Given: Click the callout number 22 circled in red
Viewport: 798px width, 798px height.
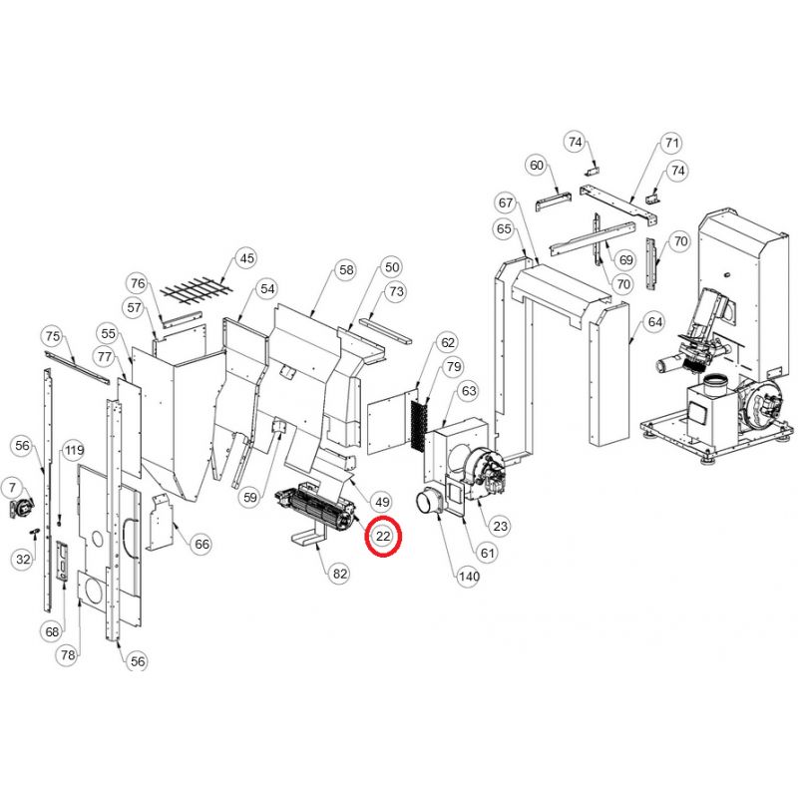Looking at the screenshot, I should (x=383, y=538).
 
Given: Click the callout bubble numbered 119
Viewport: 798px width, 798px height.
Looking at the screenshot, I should (x=74, y=451).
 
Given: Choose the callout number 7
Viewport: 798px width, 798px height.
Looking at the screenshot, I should (x=13, y=487).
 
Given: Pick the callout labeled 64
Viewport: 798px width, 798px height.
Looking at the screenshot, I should (x=653, y=322).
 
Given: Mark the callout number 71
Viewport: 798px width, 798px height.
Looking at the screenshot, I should (x=671, y=143).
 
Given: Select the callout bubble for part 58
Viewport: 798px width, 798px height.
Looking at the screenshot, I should (x=345, y=270).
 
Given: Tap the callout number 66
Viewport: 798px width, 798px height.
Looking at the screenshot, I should (x=201, y=544).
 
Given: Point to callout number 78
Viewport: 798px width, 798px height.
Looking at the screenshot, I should (x=68, y=655).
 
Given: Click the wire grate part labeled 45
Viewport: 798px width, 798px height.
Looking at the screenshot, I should (x=194, y=291).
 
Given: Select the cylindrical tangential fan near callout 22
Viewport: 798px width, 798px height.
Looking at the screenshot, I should (x=313, y=510).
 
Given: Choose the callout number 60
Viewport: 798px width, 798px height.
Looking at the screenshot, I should (x=537, y=165).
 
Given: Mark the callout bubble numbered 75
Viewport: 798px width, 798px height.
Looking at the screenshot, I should (x=52, y=336).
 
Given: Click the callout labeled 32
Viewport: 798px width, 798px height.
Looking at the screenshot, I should (x=23, y=560).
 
